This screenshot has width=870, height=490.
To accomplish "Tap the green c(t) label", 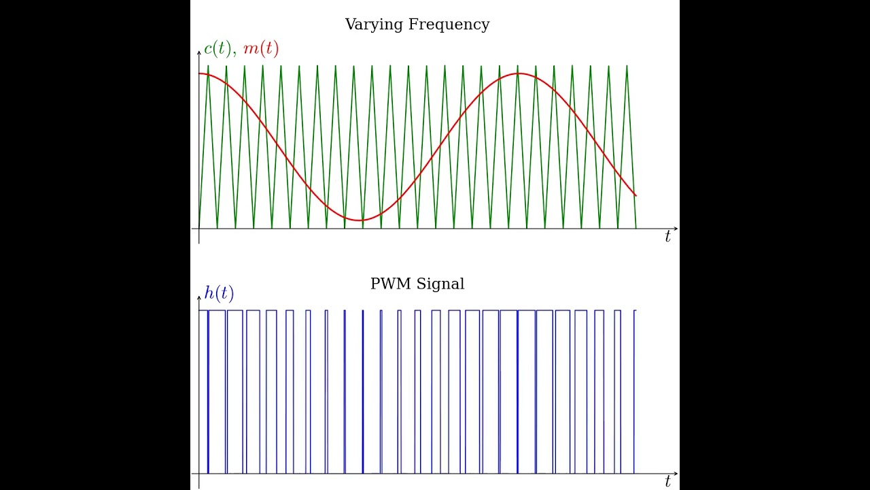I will pyautogui.click(x=218, y=49).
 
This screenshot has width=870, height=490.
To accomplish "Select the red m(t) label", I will pyautogui.click(x=260, y=49).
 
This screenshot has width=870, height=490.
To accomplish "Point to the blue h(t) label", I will pyautogui.click(x=219, y=293).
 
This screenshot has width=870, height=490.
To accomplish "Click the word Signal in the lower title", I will pyautogui.click(x=441, y=284).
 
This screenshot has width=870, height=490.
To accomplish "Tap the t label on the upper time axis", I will pyautogui.click(x=667, y=237).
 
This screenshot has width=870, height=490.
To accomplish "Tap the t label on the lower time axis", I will pyautogui.click(x=667, y=482).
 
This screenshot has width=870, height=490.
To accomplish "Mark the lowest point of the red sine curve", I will pyautogui.click(x=361, y=220).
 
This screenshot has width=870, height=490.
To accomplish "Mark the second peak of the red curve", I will pyautogui.click(x=518, y=73).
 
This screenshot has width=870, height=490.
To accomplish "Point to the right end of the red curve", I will pyautogui.click(x=636, y=196).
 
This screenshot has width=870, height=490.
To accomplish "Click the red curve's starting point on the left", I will pyautogui.click(x=199, y=73).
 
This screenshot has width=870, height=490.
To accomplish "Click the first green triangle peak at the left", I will pyautogui.click(x=208, y=66).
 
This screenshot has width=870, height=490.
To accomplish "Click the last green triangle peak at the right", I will pyautogui.click(x=627, y=66).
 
